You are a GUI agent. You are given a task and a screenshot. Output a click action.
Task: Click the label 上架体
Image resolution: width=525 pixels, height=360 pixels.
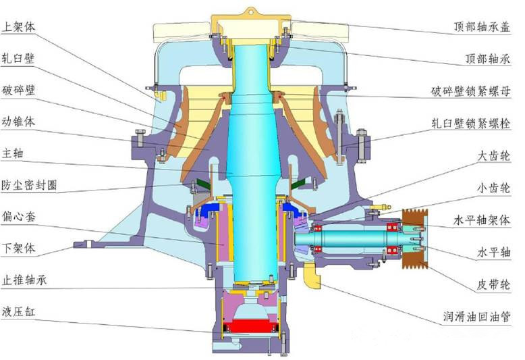[18, 27]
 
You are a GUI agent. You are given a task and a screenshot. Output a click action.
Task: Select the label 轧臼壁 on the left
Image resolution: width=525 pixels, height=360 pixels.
[18, 58]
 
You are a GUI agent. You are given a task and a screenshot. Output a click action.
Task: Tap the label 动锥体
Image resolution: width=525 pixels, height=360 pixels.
[18, 122]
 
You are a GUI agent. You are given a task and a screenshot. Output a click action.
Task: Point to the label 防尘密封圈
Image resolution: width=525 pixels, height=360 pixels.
[30, 185]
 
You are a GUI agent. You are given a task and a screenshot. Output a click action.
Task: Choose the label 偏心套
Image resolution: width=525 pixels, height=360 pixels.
[18, 217]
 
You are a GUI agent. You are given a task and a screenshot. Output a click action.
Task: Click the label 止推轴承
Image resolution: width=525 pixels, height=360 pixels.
[24, 280]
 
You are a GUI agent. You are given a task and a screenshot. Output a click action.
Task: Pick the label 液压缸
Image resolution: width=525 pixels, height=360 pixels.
[18, 312]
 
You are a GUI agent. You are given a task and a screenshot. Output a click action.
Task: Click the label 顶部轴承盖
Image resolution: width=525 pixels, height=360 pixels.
[482, 26]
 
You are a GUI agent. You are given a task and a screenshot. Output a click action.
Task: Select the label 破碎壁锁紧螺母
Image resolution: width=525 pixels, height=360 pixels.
[471, 91]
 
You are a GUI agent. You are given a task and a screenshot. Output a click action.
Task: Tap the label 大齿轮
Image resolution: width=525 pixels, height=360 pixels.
[494, 156]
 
